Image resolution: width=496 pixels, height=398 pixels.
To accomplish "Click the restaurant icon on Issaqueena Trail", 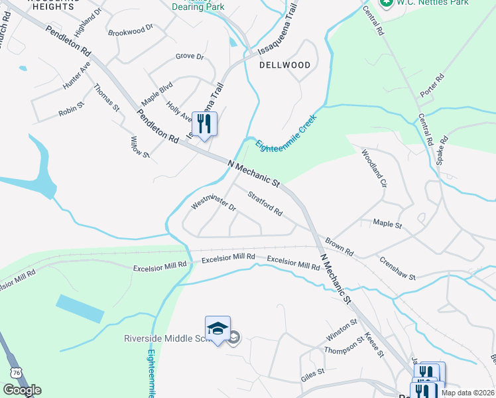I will coord(204,123).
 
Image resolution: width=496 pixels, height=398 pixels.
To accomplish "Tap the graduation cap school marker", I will coord(217,328).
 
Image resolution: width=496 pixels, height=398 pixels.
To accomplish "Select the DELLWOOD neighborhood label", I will coord(285,65).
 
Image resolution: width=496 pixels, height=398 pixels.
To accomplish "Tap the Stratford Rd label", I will coord(265,204).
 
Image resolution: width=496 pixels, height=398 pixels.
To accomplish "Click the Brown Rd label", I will coord(339,246).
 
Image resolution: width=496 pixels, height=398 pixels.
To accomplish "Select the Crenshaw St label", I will coord(397,268).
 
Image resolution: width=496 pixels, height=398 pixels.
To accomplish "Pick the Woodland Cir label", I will coord(373,168).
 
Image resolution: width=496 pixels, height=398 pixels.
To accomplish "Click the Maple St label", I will coord(387,225).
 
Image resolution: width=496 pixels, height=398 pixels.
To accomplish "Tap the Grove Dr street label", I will coord(190,56).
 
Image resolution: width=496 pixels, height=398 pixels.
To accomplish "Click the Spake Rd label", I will coord(443,151).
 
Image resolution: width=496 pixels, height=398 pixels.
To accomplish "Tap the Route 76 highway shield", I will coord(16,373).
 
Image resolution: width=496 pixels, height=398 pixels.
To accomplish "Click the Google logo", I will coord(22,390).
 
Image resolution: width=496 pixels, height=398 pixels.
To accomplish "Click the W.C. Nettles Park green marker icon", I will coord(387,3).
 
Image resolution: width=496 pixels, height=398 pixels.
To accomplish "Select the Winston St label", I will coord(341,330).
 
